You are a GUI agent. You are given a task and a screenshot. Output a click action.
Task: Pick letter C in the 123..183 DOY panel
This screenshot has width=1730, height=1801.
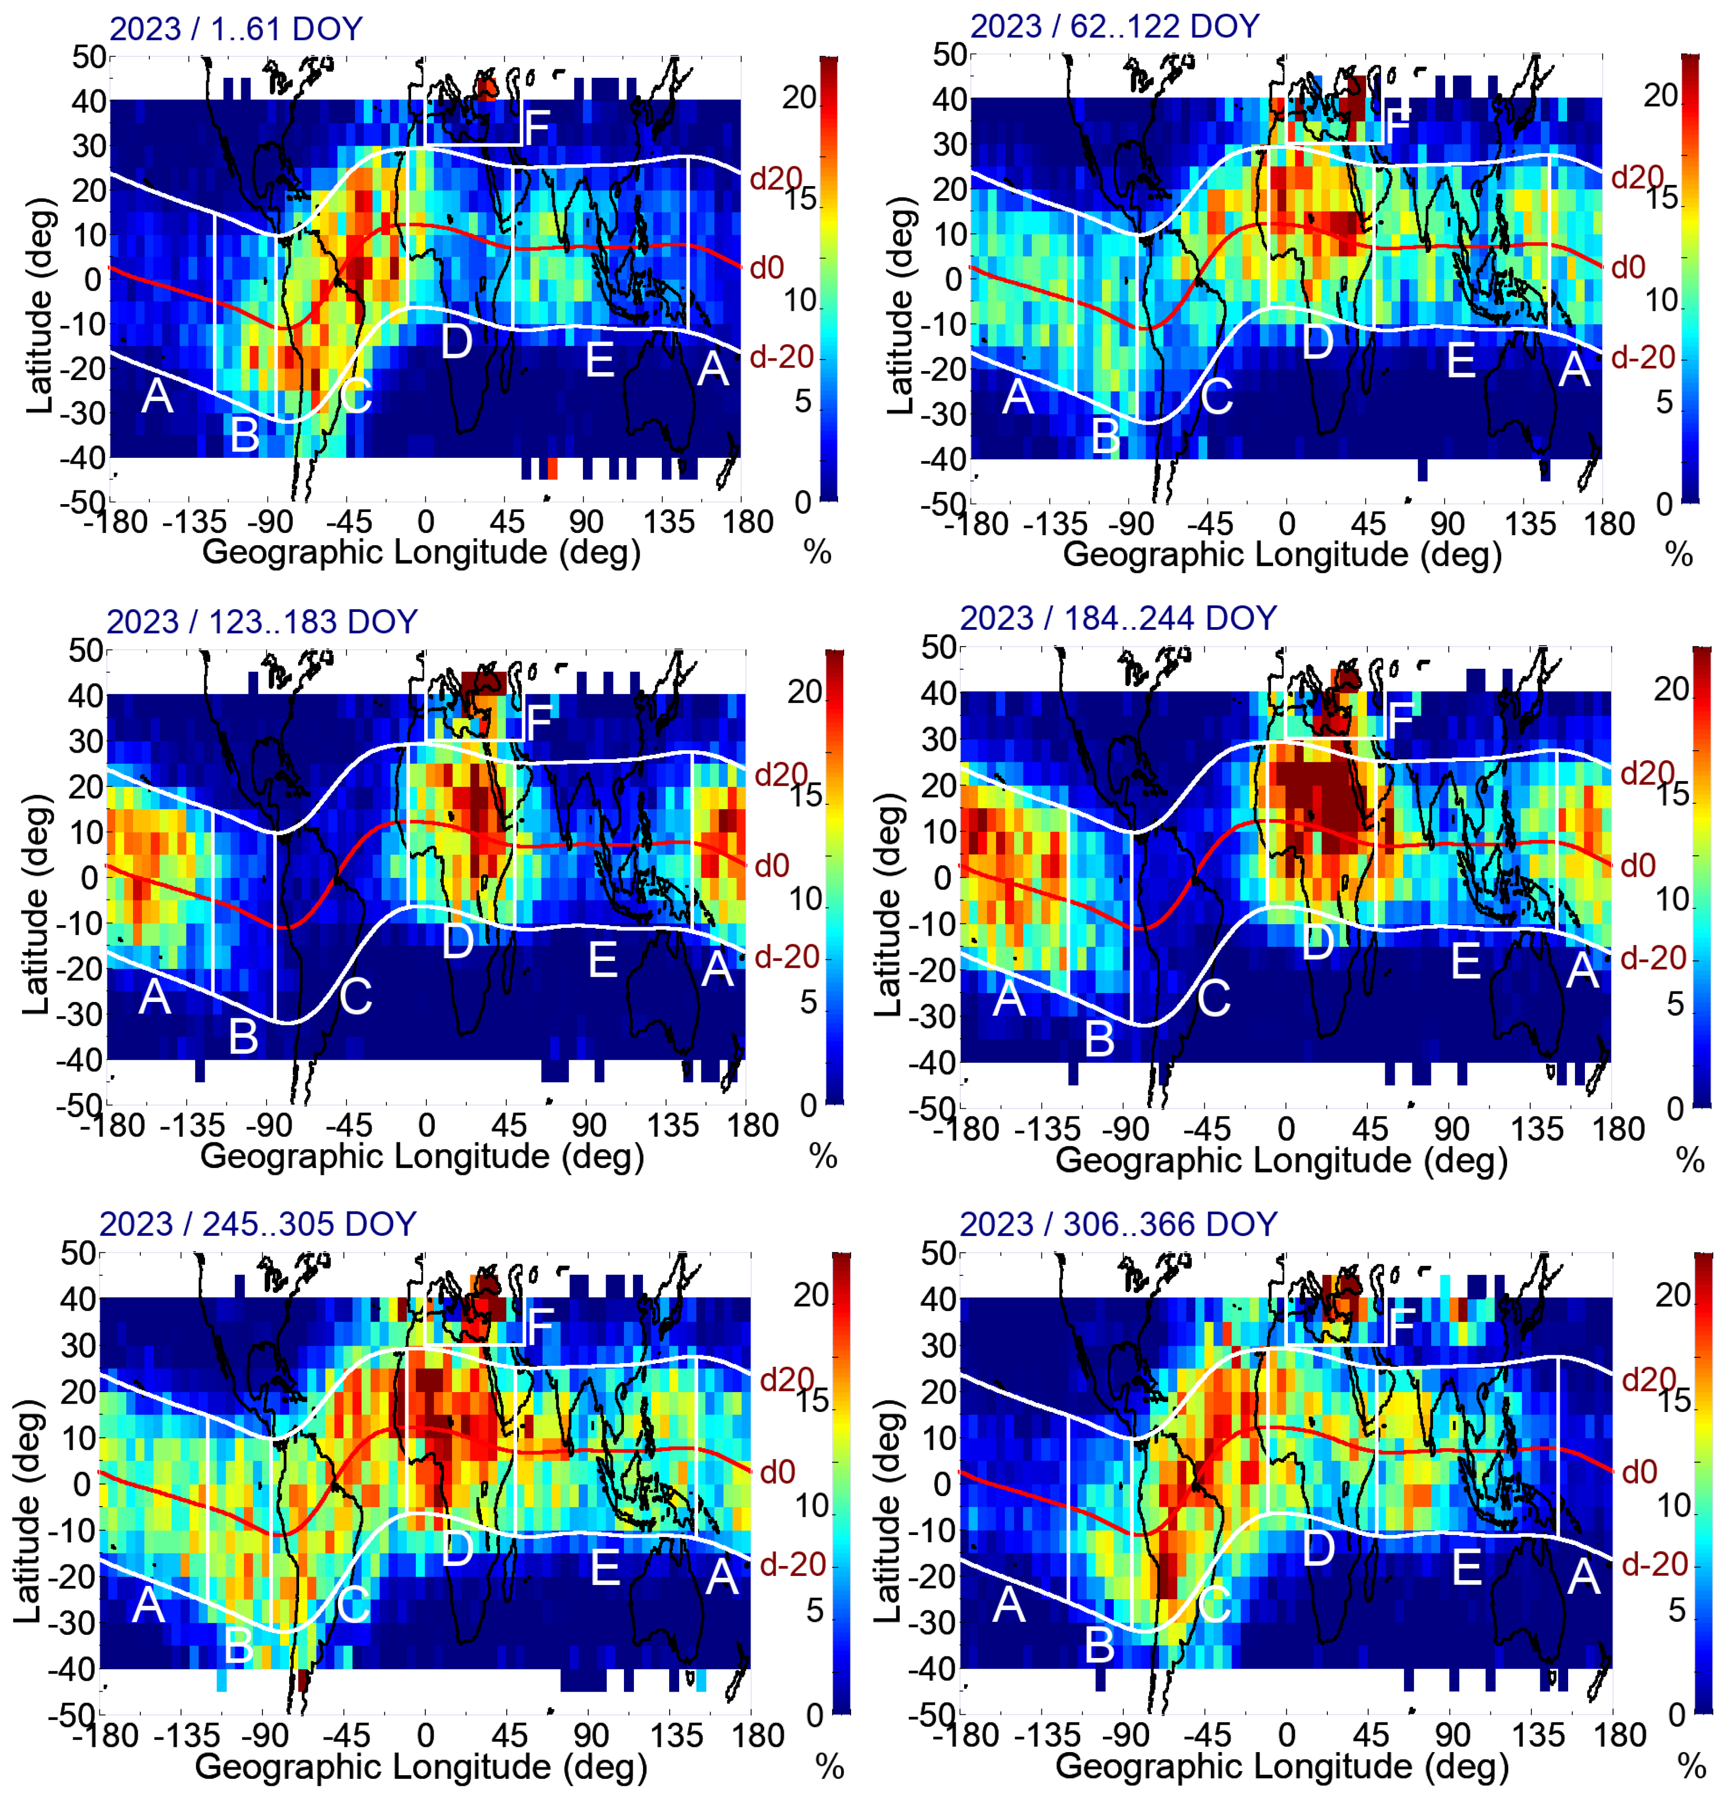[x=355, y=997]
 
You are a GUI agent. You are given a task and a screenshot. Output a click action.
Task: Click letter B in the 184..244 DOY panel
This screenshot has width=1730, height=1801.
[x=1100, y=1039]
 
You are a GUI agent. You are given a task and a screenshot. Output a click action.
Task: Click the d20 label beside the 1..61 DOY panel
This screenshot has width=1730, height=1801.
[x=774, y=178]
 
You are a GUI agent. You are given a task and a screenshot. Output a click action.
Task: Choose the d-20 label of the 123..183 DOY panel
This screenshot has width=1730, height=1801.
[x=786, y=957]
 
